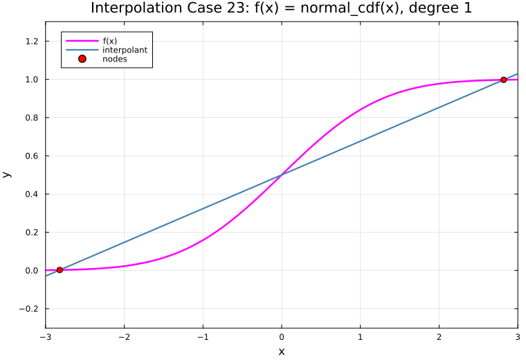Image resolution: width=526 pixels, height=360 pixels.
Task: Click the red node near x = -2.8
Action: (60, 270)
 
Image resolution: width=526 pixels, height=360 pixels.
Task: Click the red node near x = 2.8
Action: (504, 80)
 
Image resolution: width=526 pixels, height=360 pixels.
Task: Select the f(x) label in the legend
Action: (109, 41)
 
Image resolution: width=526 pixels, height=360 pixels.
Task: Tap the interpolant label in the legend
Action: (125, 50)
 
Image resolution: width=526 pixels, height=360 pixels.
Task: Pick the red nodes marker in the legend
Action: (82, 59)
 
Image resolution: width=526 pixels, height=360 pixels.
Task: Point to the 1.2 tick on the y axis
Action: (32, 42)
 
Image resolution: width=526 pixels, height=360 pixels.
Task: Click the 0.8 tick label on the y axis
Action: (32, 118)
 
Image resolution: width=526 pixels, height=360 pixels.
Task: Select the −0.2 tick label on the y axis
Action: (29, 309)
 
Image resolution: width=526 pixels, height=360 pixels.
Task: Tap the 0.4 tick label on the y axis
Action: (32, 195)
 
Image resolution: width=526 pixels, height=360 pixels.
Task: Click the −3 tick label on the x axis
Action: (45, 337)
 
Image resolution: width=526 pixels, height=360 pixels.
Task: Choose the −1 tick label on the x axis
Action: (203, 337)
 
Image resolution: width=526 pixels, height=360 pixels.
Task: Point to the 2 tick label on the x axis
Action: (439, 337)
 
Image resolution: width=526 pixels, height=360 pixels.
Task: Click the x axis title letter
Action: (282, 352)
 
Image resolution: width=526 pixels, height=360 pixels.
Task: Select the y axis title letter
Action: (7, 174)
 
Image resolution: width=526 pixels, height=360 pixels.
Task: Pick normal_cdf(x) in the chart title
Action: (350, 8)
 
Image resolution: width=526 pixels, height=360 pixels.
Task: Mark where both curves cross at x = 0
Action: (282, 174)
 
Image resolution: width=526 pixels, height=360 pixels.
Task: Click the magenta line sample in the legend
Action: (82, 41)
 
